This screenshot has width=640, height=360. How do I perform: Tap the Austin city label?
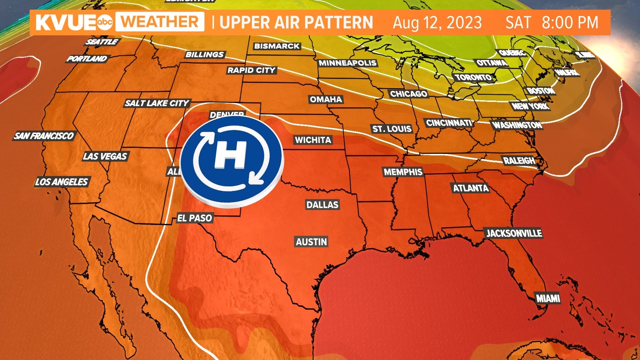tap(311, 242)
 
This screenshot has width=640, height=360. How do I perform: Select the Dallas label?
tap(322, 205)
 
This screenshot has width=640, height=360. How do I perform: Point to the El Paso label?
tap(194, 218)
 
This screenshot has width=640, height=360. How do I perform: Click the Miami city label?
tap(548, 298)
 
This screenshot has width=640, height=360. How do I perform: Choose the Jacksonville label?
tap(514, 233)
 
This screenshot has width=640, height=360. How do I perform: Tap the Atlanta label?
tap(471, 188)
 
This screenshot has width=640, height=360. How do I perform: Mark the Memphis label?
tap(403, 172)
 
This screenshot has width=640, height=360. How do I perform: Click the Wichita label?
tap(313, 140)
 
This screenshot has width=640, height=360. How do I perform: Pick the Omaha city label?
tap(326, 99)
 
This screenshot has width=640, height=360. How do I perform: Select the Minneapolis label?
tap(347, 63)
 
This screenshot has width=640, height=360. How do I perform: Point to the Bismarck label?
tap(277, 46)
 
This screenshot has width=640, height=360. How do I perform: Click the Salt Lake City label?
tap(157, 103)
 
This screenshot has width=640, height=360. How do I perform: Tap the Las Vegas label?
tap(105, 156)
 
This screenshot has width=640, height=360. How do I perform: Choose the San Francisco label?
tap(44, 136)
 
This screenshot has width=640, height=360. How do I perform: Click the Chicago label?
tap(409, 94)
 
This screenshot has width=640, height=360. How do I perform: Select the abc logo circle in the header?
tap(105, 22)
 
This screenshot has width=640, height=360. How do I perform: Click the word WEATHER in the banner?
tap(160, 22)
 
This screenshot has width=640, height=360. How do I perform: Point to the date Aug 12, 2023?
tap(437, 23)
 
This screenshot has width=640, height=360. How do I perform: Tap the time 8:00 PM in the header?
tap(570, 23)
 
